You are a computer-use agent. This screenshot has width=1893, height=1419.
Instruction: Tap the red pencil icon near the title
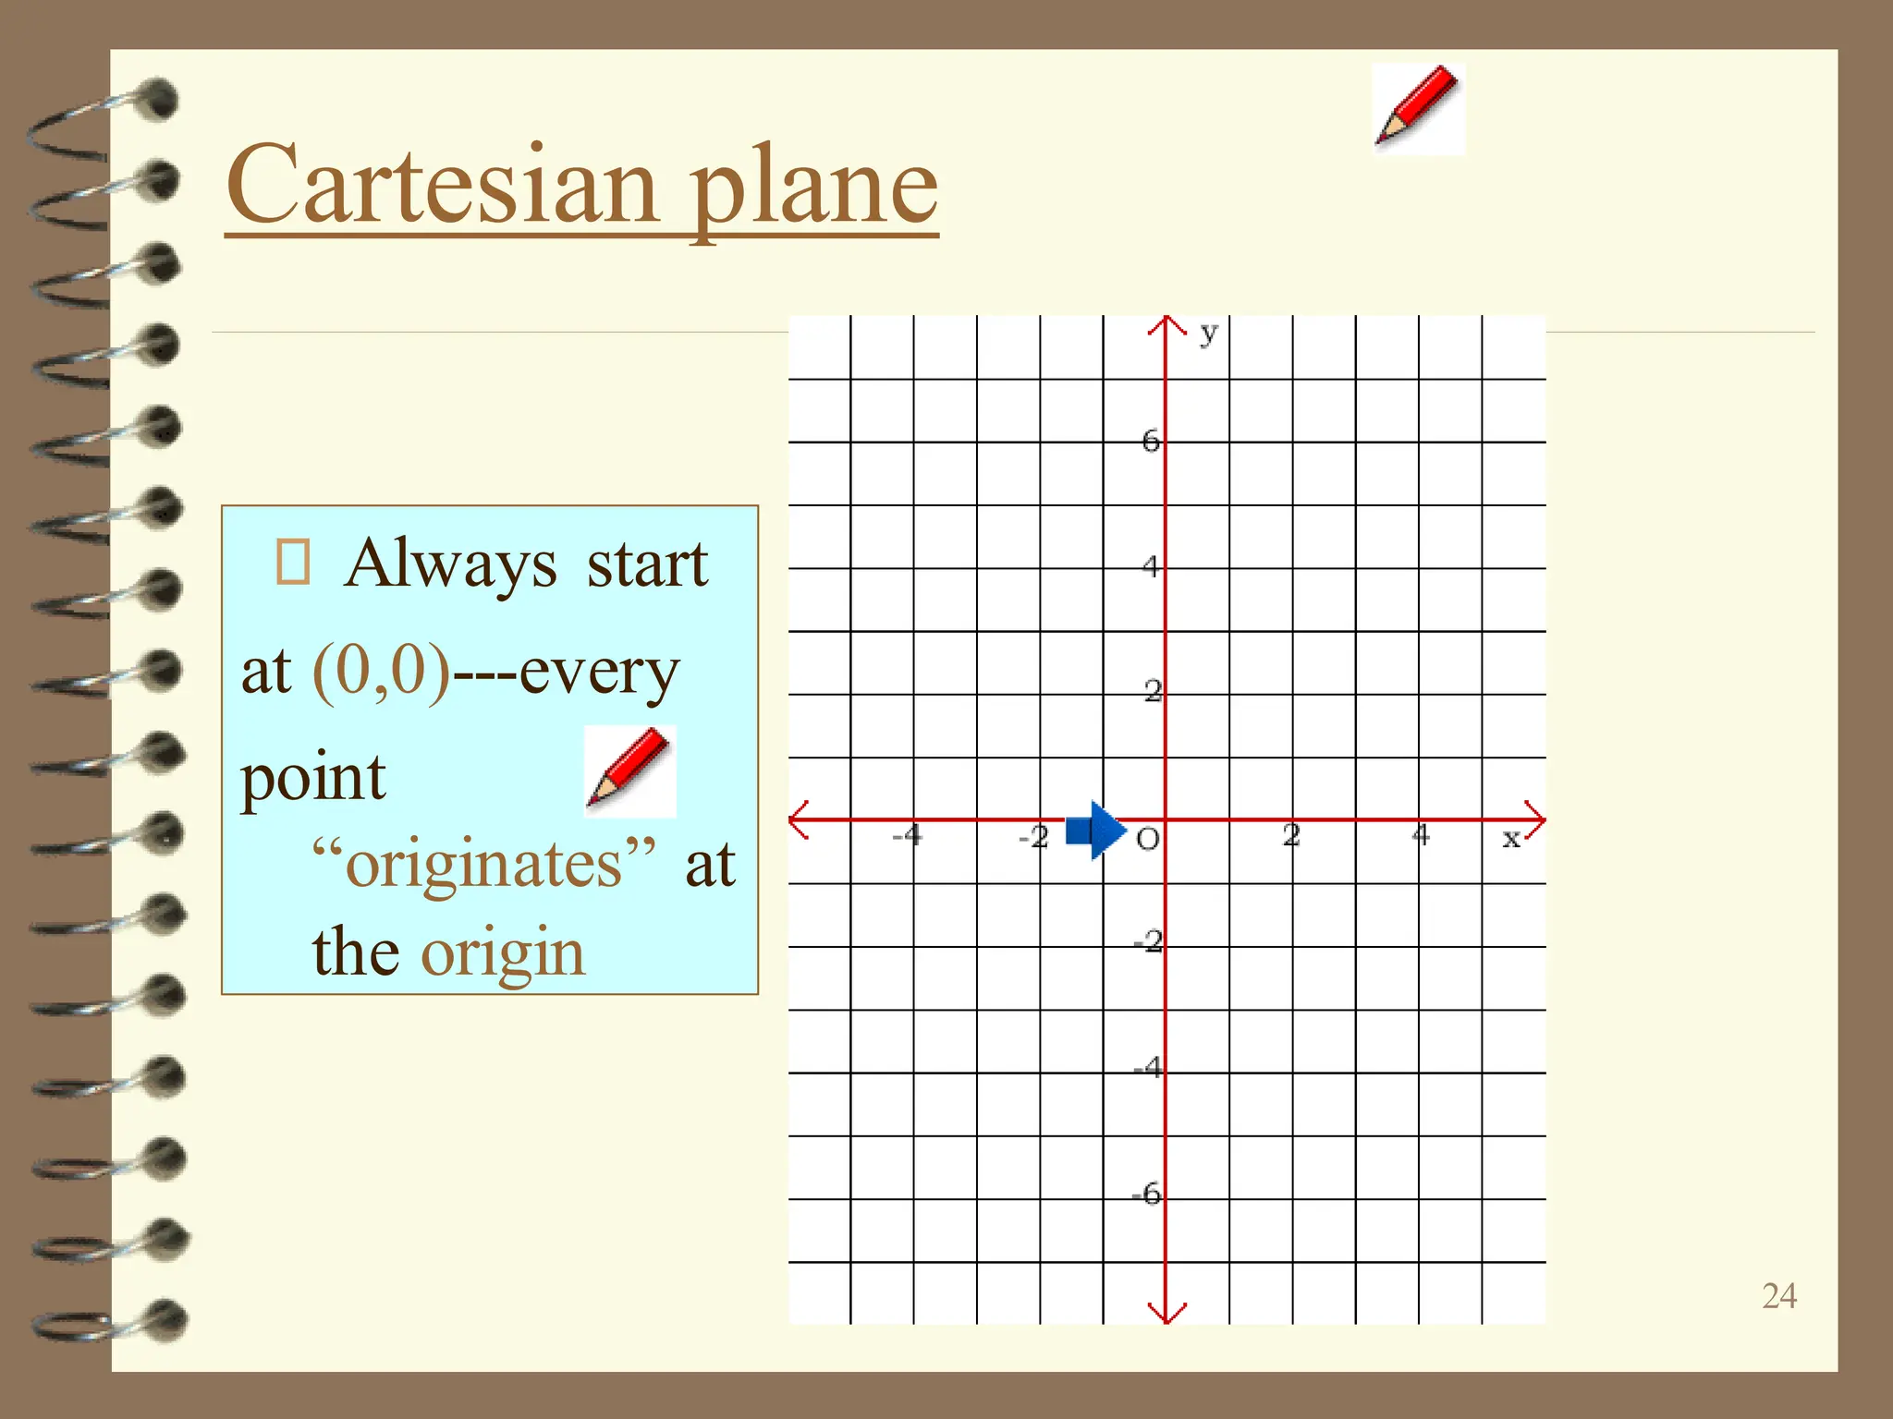coord(1418,108)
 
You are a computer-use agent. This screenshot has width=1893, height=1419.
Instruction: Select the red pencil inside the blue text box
coord(629,770)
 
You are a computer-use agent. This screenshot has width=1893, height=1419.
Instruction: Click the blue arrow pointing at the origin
coord(1096,831)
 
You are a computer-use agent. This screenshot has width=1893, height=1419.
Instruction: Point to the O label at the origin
coord(1147,840)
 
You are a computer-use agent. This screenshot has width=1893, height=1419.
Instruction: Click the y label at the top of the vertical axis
coord(1208,333)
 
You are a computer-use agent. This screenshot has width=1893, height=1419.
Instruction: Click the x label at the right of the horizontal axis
coord(1510,838)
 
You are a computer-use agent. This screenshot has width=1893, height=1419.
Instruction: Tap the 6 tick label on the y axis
coord(1150,441)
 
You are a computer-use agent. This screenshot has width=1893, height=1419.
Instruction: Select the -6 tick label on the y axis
coord(1147,1195)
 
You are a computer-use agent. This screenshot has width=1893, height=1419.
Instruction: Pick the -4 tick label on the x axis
coord(907,836)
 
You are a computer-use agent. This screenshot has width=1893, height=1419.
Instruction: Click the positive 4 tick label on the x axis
coord(1421,836)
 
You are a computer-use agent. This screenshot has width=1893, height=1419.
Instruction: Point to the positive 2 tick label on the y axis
coord(1152,690)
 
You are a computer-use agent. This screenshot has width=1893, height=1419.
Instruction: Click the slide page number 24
coord(1778,1296)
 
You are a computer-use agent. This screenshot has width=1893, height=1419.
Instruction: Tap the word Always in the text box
coord(450,564)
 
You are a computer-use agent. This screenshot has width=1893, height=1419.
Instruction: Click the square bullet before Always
coord(293,562)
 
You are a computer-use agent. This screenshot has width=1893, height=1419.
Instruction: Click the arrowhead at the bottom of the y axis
coord(1166,1312)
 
